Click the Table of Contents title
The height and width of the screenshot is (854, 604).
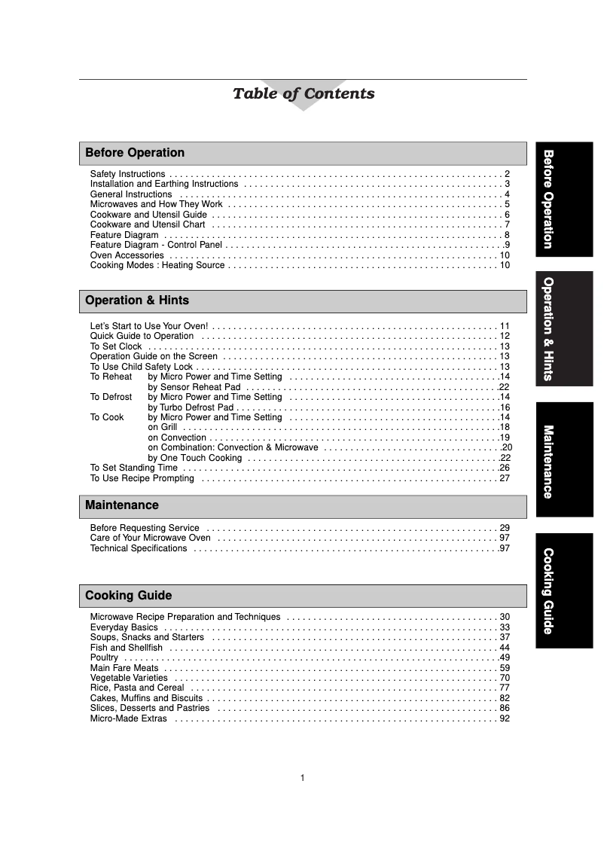pyautogui.click(x=304, y=94)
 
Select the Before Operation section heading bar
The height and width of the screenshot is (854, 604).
pyautogui.click(x=303, y=153)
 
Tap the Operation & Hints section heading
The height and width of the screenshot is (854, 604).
pyautogui.click(x=303, y=300)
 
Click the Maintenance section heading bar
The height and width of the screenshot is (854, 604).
pyautogui.click(x=303, y=505)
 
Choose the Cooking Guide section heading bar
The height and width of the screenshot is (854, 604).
pyautogui.click(x=303, y=596)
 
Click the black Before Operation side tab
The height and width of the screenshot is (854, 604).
pyautogui.click(x=564, y=199)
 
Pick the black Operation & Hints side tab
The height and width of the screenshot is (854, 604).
pyautogui.click(x=564, y=329)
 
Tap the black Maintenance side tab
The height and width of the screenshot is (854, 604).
pyautogui.click(x=564, y=459)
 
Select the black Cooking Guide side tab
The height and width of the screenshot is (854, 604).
pyautogui.click(x=564, y=590)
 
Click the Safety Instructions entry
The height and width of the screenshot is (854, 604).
pyautogui.click(x=127, y=174)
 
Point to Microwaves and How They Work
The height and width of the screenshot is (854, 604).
pyautogui.click(x=156, y=204)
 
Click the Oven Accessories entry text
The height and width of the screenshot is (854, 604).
pyautogui.click(x=127, y=255)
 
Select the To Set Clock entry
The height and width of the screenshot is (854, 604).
pyautogui.click(x=116, y=346)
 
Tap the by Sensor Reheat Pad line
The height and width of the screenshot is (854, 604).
pyautogui.click(x=194, y=387)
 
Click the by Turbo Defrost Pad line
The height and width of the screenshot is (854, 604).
pyautogui.click(x=191, y=407)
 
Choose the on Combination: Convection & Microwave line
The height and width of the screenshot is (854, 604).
pyautogui.click(x=233, y=447)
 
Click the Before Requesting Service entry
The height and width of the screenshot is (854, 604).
pyautogui.click(x=145, y=528)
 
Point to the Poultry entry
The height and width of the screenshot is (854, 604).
pyautogui.click(x=104, y=657)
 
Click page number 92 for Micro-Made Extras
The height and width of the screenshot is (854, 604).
pyautogui.click(x=505, y=718)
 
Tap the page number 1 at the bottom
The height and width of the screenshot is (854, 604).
pyautogui.click(x=302, y=778)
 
